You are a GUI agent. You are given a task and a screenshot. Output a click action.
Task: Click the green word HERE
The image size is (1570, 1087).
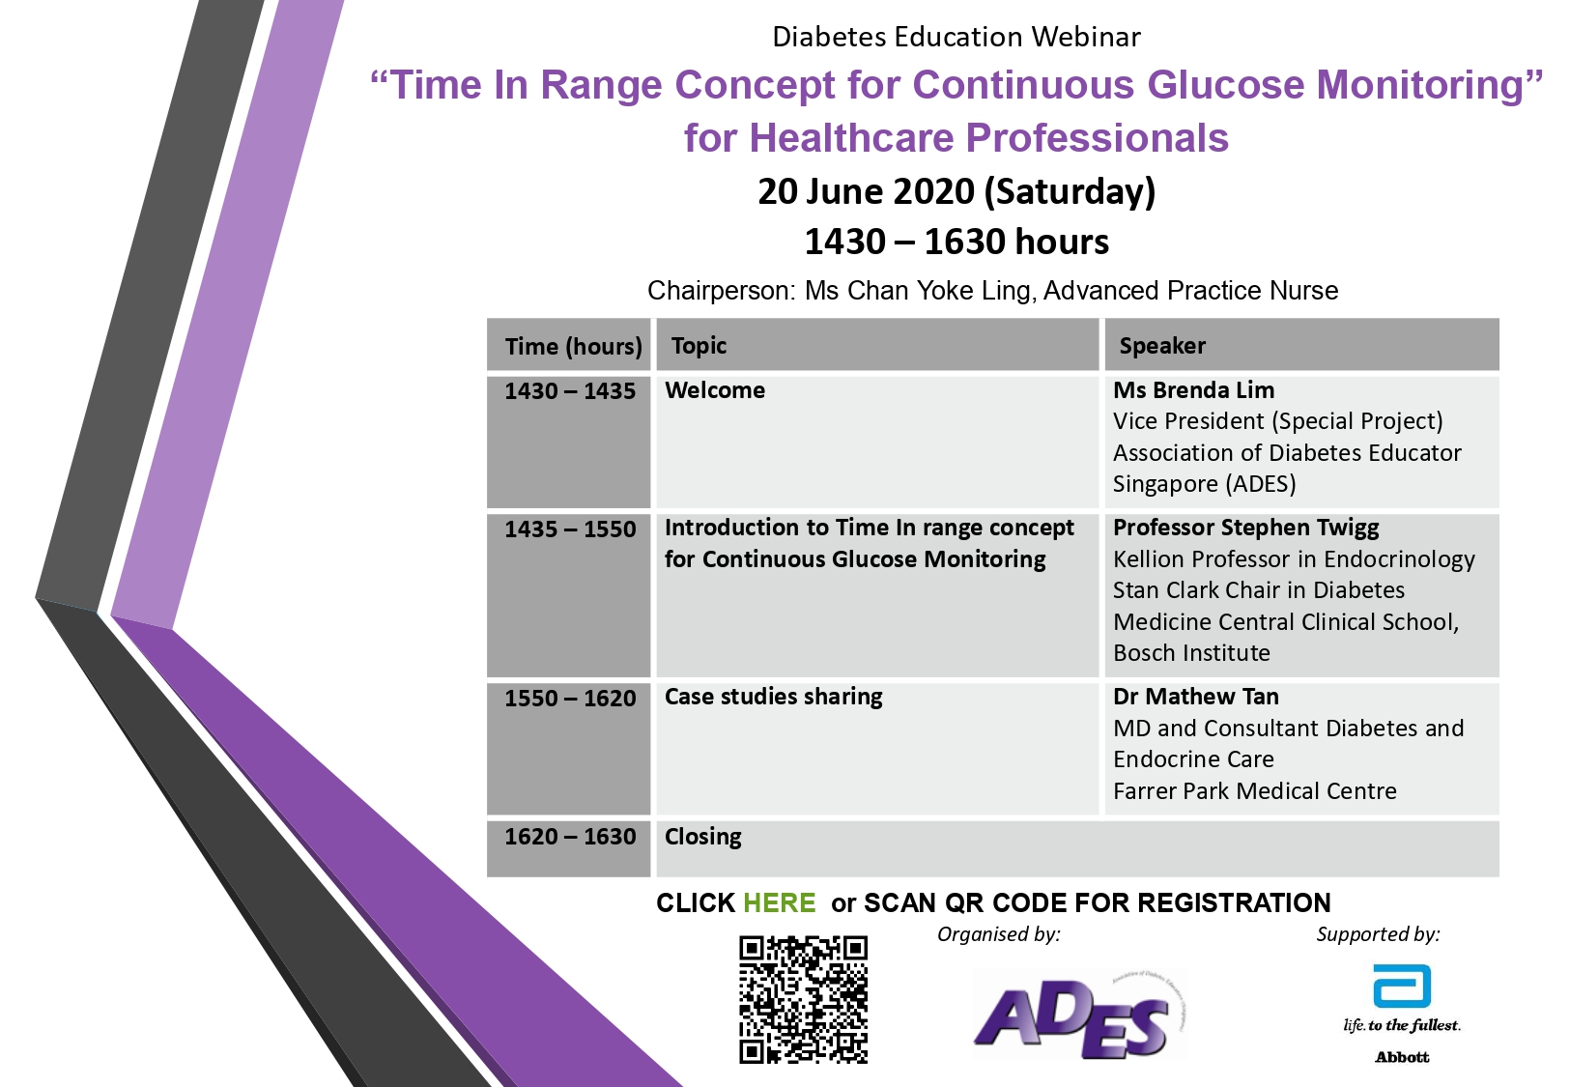point(779,902)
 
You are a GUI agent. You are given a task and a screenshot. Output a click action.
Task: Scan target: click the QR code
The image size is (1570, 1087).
point(803,999)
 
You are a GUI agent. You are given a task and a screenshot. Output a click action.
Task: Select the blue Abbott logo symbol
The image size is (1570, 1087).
point(1402,987)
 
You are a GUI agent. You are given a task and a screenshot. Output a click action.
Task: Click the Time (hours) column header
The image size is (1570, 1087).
point(573,346)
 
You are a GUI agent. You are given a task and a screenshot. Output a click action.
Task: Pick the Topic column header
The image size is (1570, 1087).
point(699,346)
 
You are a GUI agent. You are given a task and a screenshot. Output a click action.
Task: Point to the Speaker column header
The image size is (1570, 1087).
point(1162,346)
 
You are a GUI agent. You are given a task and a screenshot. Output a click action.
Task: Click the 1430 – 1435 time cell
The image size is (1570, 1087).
point(570,390)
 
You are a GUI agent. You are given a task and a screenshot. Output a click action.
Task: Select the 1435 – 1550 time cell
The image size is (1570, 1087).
point(570,529)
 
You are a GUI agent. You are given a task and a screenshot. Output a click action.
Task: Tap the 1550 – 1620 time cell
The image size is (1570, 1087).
point(570,698)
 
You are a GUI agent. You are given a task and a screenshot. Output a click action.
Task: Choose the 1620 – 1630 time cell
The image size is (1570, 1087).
point(570,836)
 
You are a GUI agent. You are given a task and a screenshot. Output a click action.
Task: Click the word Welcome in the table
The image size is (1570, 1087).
point(715,390)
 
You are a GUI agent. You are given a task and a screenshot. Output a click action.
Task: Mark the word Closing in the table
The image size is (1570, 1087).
point(703,837)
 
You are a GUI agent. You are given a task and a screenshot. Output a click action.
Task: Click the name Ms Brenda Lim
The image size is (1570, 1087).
point(1193,390)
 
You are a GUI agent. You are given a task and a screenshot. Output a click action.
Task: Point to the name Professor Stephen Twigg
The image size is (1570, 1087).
point(1246,528)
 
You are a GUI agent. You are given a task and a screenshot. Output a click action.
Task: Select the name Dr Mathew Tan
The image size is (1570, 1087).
point(1196,697)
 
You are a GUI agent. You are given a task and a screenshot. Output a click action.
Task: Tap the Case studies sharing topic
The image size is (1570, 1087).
point(774,698)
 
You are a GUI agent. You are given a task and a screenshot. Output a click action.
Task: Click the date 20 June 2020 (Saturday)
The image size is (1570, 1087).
point(956,192)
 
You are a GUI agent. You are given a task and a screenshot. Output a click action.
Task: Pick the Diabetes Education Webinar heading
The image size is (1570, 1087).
point(956,37)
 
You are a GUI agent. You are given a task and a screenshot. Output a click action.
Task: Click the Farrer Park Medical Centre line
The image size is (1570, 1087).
point(1255,791)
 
